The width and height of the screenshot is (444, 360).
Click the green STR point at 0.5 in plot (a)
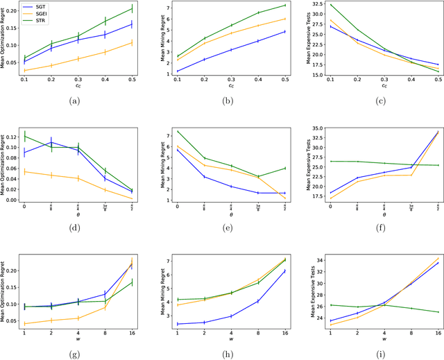click(x=132, y=9)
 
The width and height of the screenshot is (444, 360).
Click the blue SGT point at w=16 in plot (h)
click(x=284, y=271)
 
